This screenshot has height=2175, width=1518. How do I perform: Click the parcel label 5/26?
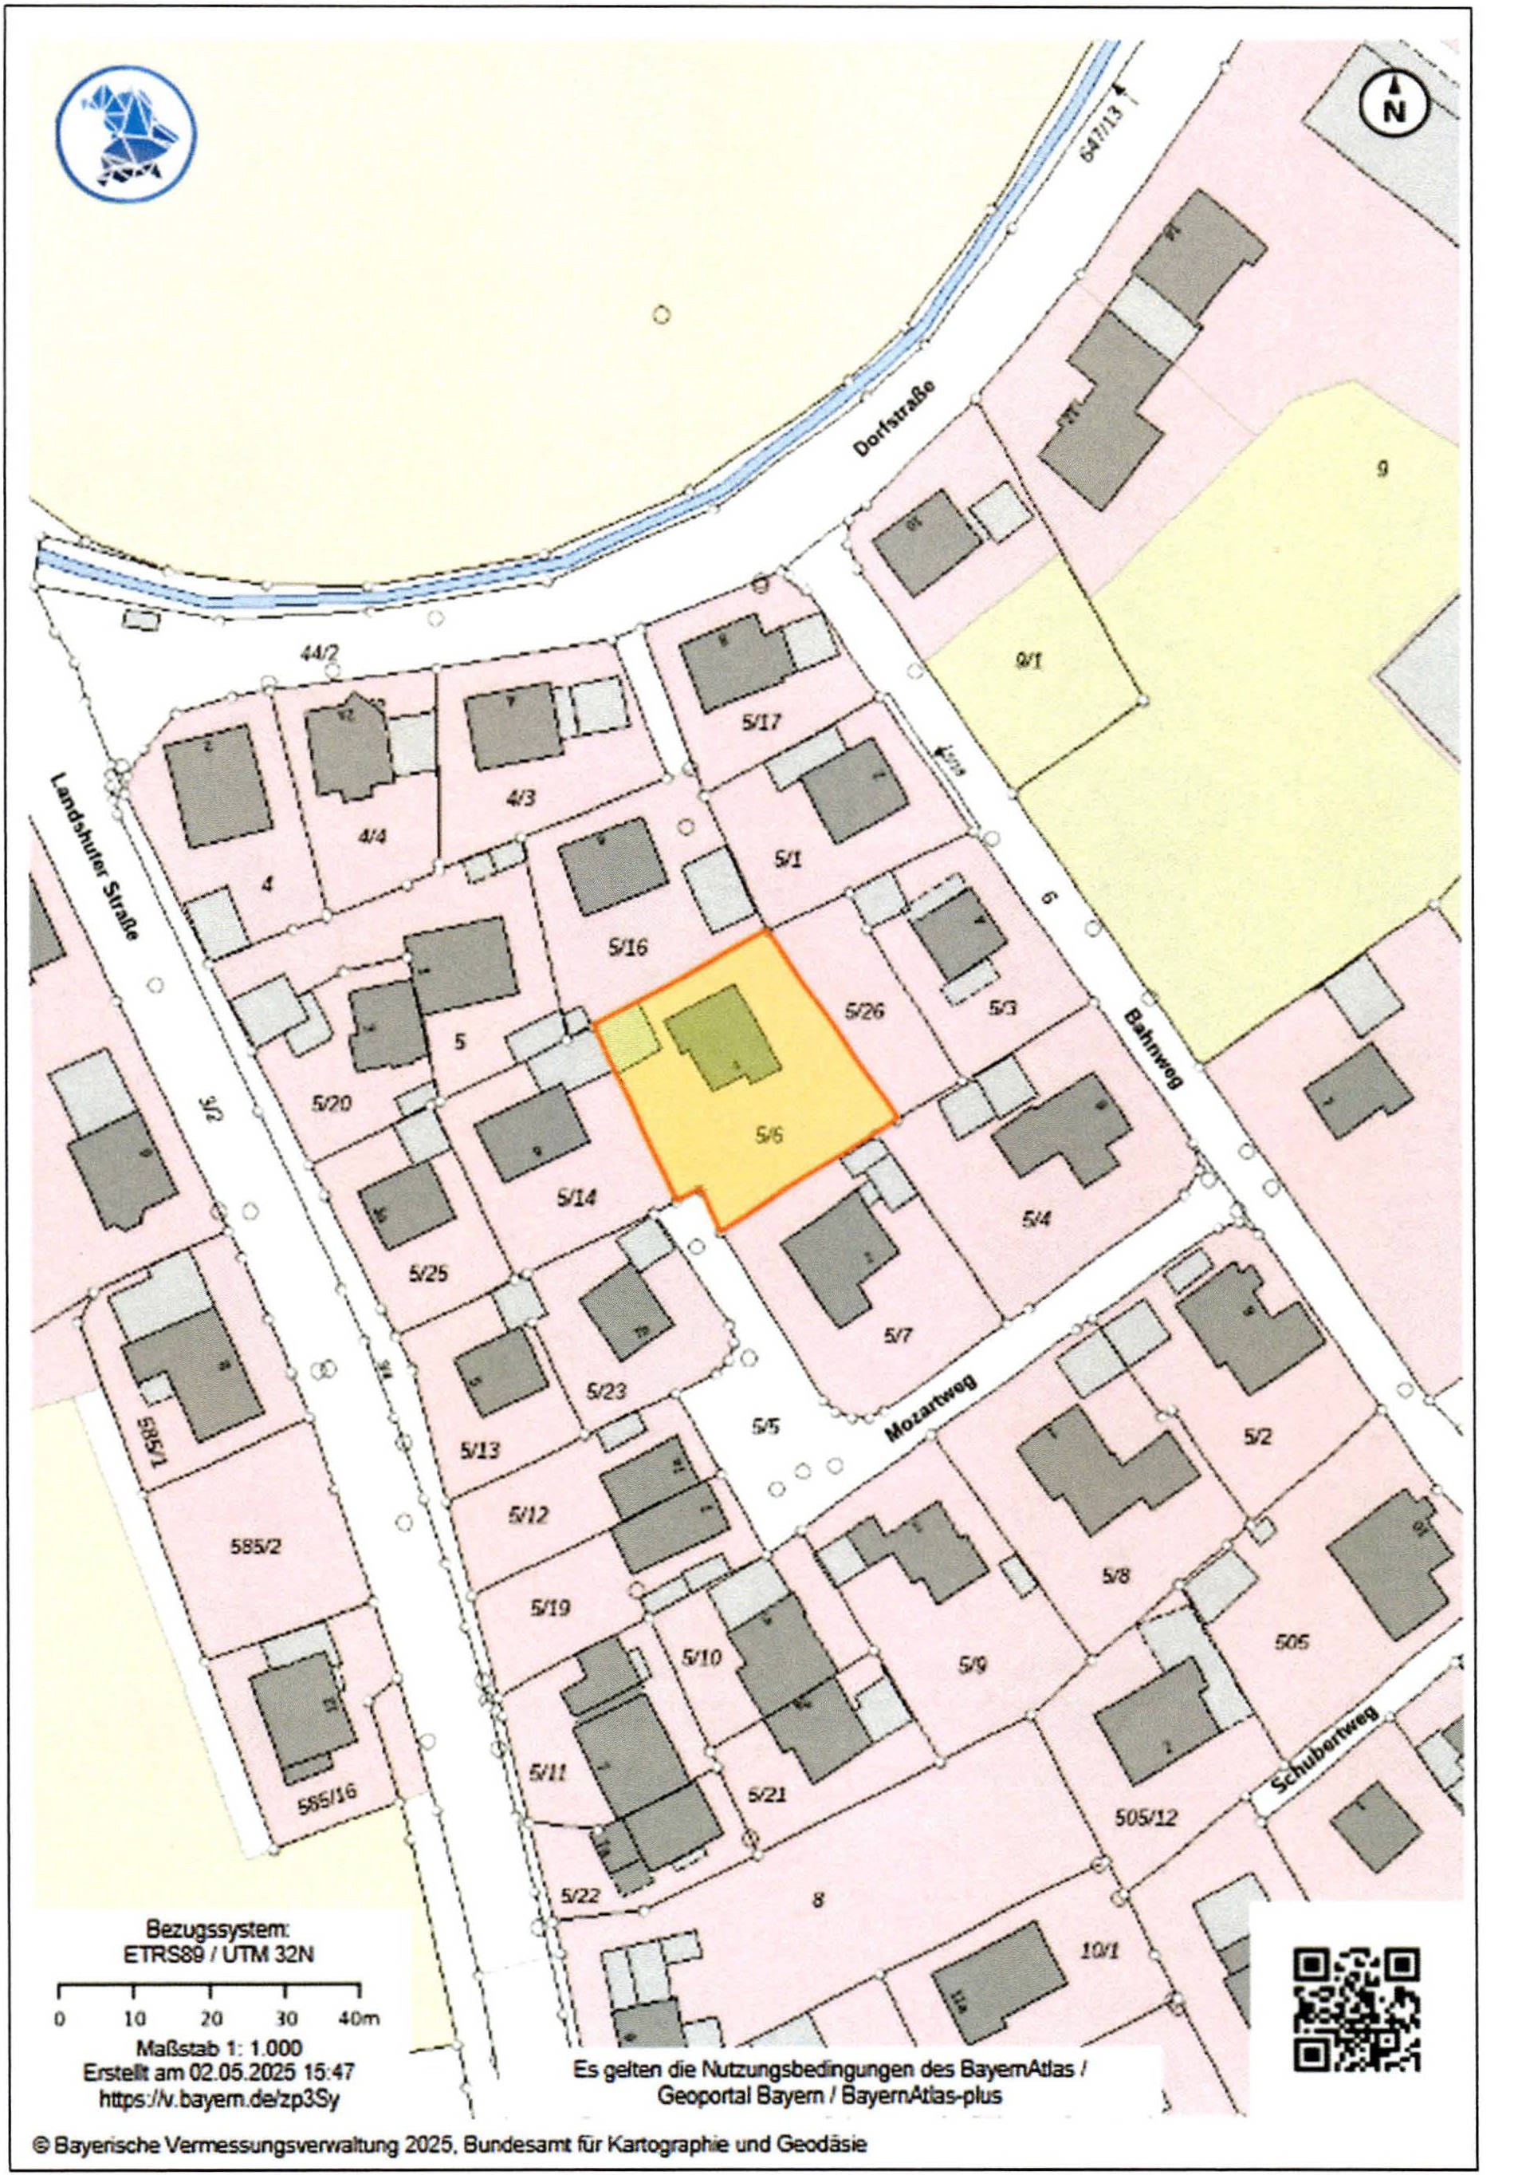[862, 1011]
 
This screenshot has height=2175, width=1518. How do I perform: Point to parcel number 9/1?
[1028, 661]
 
